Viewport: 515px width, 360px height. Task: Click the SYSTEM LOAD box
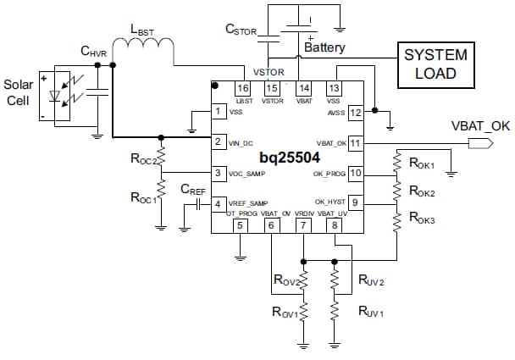[435, 64]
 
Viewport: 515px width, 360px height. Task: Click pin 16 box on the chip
[243, 88]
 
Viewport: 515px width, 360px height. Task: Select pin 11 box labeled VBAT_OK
[356, 143]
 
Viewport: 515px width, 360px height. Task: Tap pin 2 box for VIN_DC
[219, 142]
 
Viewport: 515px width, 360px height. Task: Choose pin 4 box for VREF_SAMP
[219, 204]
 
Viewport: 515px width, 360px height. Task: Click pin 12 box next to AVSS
[356, 112]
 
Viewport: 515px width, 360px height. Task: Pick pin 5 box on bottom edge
[240, 224]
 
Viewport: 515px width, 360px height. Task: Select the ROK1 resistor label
[421, 163]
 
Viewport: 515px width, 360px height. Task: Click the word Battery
[324, 47]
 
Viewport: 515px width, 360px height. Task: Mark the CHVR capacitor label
[95, 53]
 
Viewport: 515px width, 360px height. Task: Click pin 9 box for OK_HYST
[356, 203]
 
